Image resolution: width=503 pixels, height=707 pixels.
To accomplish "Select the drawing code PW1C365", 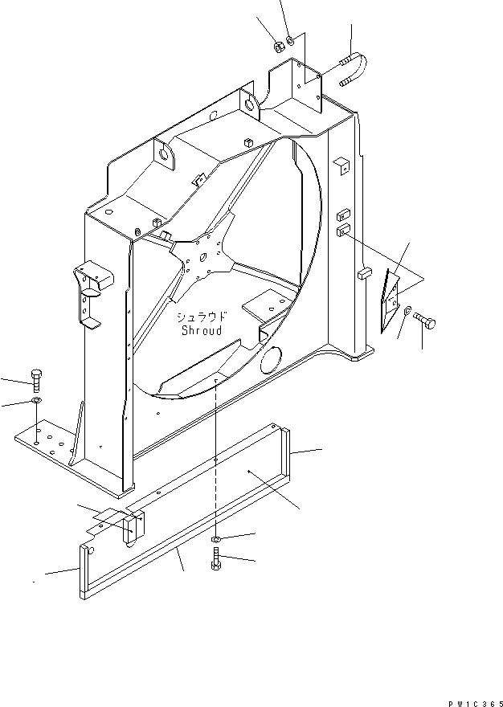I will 472,699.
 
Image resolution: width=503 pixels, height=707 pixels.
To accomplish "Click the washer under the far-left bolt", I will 36,400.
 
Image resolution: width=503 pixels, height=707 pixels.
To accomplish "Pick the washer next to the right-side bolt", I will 408,312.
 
